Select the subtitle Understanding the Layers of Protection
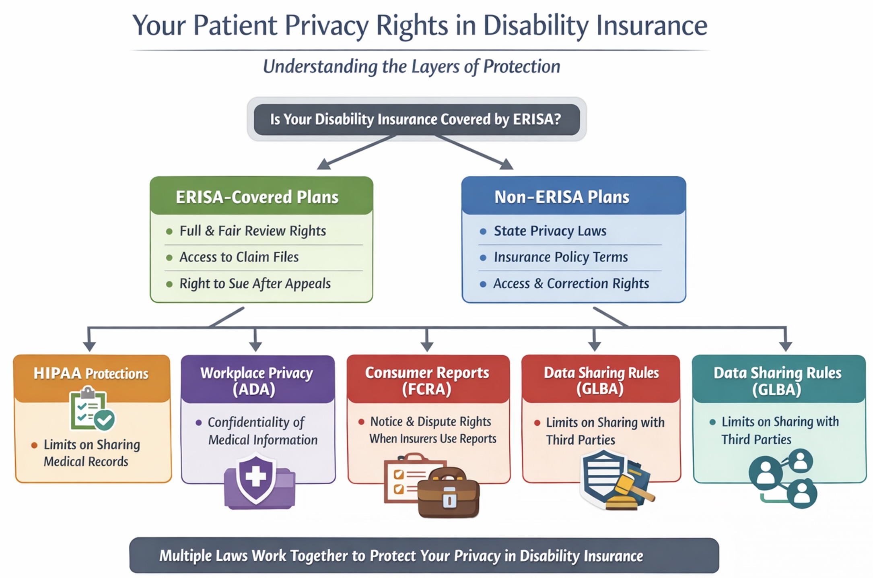point(412,66)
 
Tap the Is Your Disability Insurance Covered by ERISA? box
point(417,120)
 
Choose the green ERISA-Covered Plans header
point(261,196)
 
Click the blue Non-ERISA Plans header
point(574,196)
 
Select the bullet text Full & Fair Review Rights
point(253,231)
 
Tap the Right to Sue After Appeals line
point(255,284)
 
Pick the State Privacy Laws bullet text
point(550,231)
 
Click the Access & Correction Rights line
point(571,284)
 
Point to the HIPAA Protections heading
point(91,374)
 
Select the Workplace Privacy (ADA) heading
point(257,381)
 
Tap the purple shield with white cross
point(256,478)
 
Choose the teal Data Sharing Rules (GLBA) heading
point(777,381)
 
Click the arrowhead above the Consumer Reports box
point(427,346)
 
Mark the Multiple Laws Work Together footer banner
point(424,555)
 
